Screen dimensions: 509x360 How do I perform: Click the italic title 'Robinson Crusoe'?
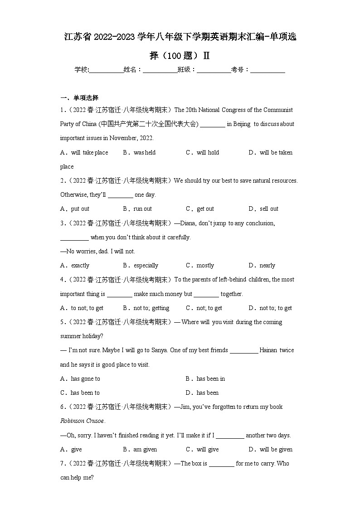82,421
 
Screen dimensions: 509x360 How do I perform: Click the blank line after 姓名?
160,70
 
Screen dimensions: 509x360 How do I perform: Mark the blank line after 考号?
268,70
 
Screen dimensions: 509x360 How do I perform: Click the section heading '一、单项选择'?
79,97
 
